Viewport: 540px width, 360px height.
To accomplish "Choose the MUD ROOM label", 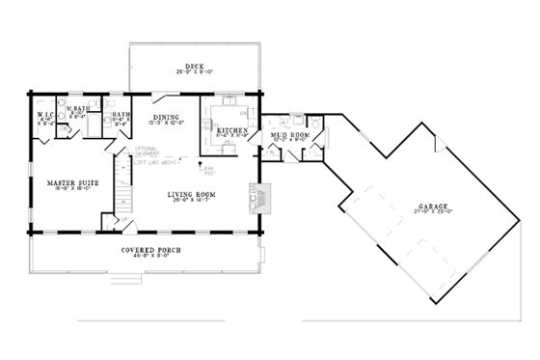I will coord(290,135).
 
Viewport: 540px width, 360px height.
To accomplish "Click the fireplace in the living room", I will coord(262,199).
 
